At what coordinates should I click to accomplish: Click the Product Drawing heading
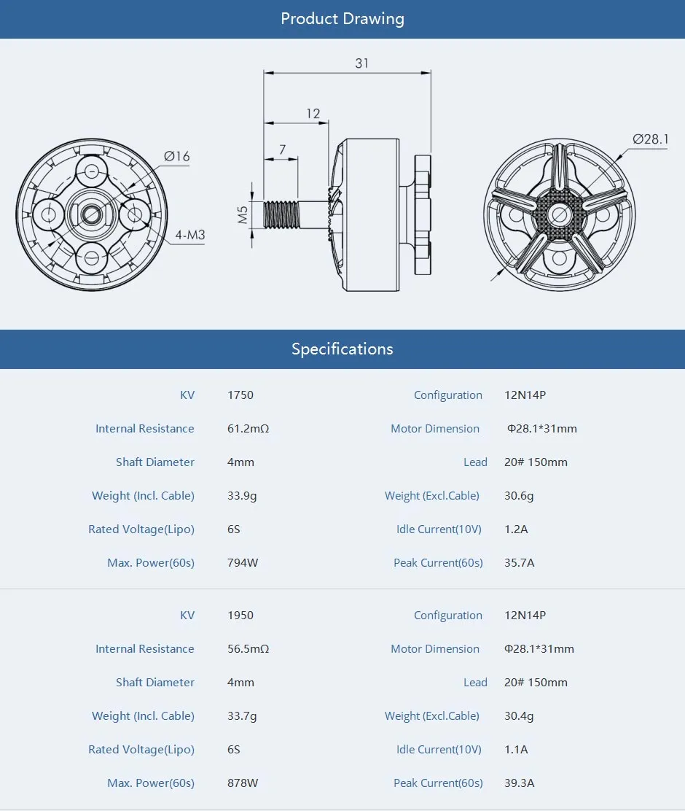click(x=342, y=19)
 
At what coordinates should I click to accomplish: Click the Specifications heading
click(x=342, y=349)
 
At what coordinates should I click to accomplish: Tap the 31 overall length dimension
click(x=361, y=63)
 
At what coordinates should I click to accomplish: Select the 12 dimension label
click(x=313, y=114)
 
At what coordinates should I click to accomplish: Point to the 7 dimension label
click(x=282, y=150)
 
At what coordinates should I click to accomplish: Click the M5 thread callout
click(x=243, y=214)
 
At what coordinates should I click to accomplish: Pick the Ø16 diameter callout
click(x=176, y=156)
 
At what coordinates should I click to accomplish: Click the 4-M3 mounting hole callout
click(x=189, y=236)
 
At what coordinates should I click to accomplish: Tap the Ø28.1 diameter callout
click(x=650, y=139)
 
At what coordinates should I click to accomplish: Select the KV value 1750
click(x=240, y=395)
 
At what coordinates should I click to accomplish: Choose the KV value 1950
click(x=240, y=616)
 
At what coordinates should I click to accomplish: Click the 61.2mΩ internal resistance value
click(x=248, y=429)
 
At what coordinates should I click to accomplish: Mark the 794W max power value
click(x=243, y=563)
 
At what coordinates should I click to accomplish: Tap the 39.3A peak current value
click(x=519, y=783)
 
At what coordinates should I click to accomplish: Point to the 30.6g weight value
click(x=519, y=496)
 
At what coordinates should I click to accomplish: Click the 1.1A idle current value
click(x=516, y=750)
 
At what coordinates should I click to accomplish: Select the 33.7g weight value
click(x=242, y=716)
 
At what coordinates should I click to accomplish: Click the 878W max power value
click(x=243, y=783)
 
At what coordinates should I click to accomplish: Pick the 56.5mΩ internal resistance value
click(x=248, y=649)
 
